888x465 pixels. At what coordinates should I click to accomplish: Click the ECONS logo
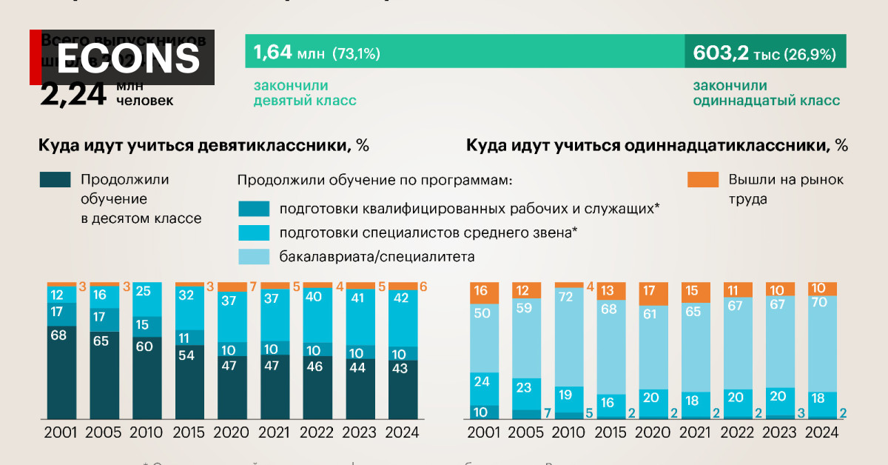127,57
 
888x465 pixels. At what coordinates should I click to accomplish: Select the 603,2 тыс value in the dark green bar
721,53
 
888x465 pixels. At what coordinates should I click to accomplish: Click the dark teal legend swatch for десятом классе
55,180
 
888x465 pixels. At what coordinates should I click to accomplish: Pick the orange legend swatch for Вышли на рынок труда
702,180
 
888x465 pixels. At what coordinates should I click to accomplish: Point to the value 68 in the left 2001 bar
58,335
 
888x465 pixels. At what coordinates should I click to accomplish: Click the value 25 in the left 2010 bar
144,291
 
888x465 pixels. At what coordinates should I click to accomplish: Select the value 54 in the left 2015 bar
186,354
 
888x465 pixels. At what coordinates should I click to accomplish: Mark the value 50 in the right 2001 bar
481,313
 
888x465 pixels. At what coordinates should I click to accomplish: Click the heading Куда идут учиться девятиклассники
203,145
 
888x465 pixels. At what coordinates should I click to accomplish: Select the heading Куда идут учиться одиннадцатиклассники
656,145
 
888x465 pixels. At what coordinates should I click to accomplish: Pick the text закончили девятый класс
304,93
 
